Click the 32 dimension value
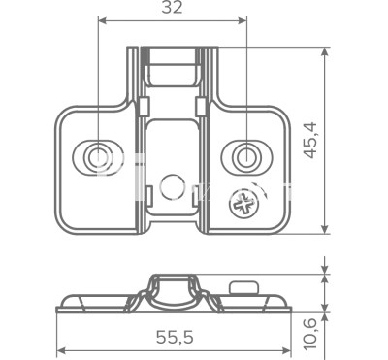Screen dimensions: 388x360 (x=172, y=8)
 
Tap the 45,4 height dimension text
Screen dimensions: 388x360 (x=311, y=141)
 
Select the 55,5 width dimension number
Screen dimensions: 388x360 (x=175, y=338)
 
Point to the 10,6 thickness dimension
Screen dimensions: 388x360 (x=309, y=334)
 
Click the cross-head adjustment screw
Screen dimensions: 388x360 (x=244, y=204)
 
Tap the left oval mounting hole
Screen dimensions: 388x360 (x=96, y=157)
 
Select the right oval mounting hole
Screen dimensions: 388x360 (x=246, y=157)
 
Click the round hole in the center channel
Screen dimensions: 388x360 (x=172, y=187)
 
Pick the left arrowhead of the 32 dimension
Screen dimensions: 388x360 (x=103, y=21)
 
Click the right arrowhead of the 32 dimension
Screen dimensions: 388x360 (x=242, y=21)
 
